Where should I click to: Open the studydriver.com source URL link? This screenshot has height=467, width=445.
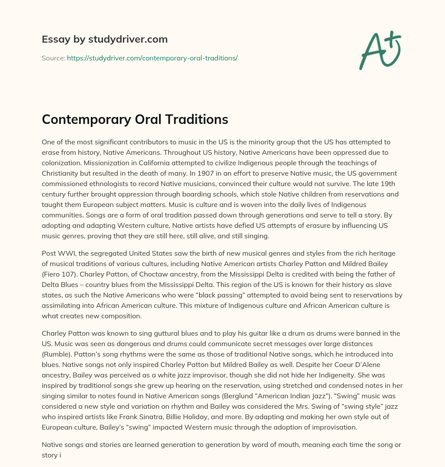click(x=152, y=57)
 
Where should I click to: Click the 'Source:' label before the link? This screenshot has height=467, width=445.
click(x=53, y=57)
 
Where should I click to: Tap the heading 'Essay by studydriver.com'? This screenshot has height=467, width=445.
click(x=105, y=39)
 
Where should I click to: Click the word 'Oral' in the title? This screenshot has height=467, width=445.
click(x=149, y=119)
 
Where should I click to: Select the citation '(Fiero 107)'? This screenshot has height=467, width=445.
click(x=61, y=274)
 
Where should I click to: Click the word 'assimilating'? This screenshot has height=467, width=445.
click(x=62, y=306)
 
